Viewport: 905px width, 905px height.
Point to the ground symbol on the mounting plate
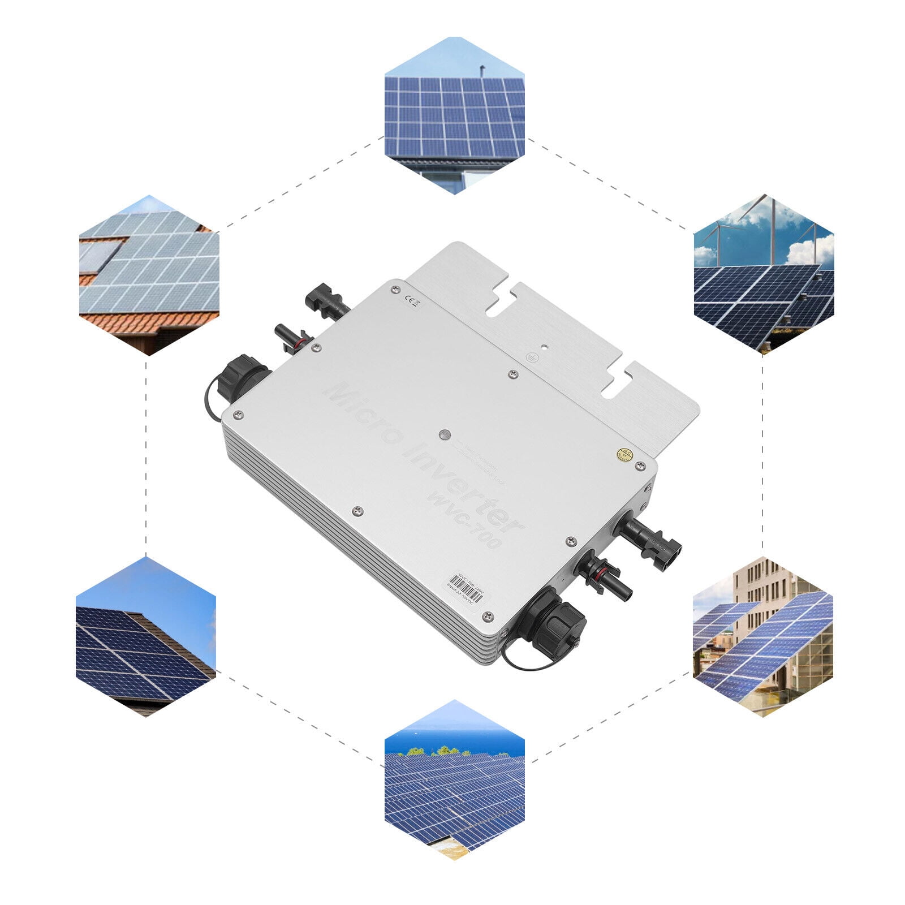531,357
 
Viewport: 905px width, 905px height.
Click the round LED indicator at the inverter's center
445,435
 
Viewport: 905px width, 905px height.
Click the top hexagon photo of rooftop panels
455,116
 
